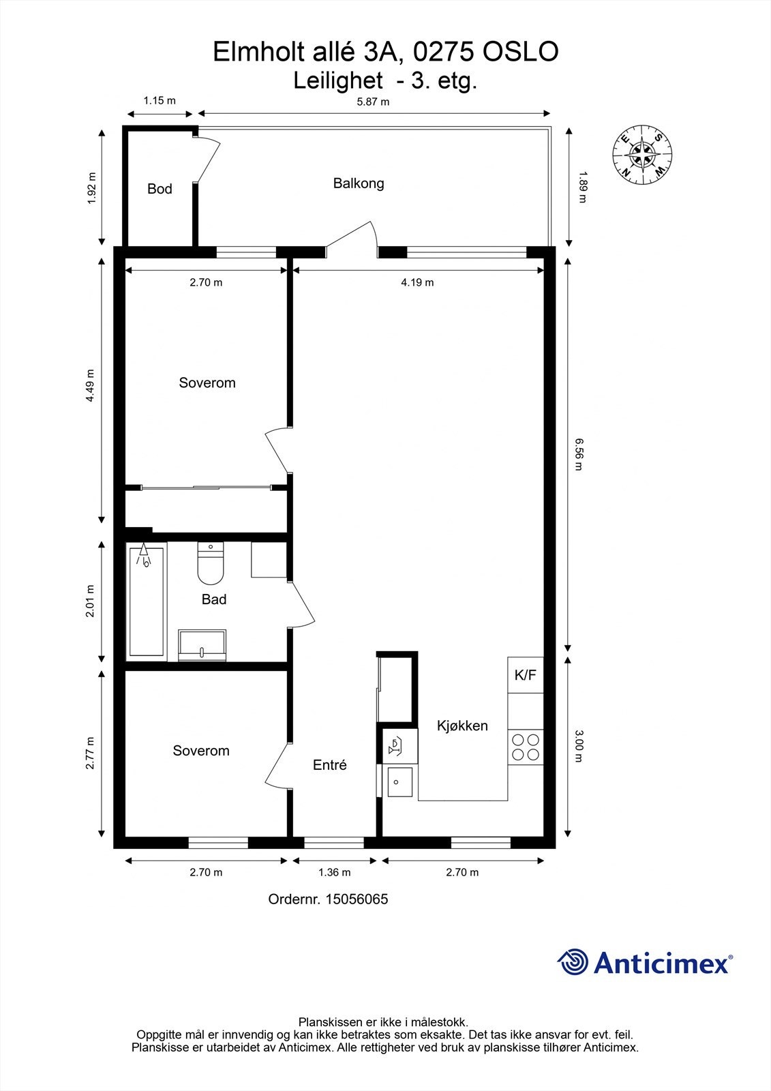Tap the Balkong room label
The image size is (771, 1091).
tap(358, 183)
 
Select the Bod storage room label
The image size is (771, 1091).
tap(160, 189)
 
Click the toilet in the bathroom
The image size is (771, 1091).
tap(211, 563)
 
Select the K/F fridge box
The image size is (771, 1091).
tap(525, 675)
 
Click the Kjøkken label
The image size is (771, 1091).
tap(462, 726)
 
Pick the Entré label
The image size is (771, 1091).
tap(330, 765)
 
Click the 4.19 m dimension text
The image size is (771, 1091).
tap(417, 282)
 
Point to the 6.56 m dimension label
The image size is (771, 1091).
tap(579, 454)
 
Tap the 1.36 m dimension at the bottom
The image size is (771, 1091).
tap(334, 872)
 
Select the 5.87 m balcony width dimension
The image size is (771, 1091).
tap(373, 102)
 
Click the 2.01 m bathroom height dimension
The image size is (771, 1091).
tap(90, 601)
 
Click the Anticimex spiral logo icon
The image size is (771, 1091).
tap(573, 962)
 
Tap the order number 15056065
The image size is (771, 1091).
tap(357, 899)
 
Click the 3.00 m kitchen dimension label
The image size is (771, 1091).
tap(579, 745)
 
